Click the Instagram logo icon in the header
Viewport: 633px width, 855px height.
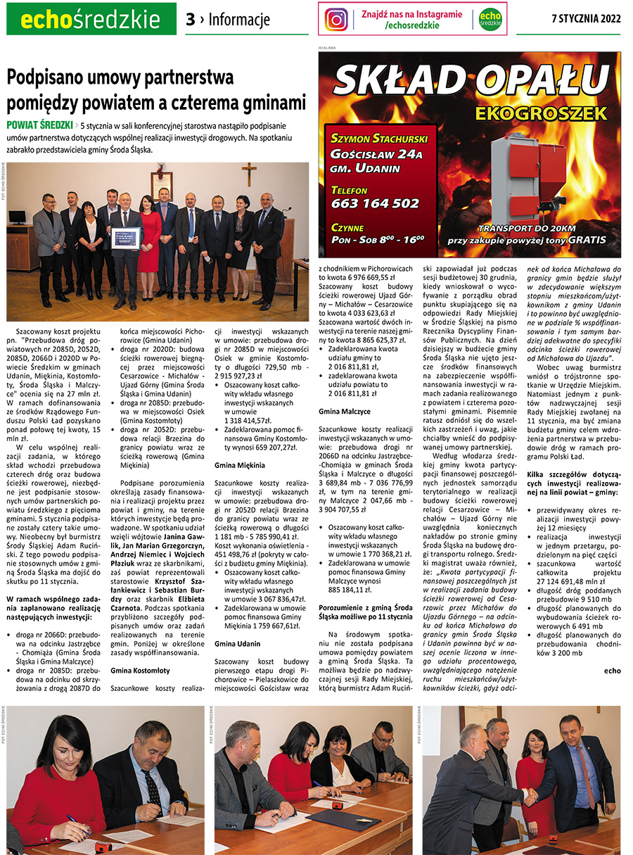pos(336,19)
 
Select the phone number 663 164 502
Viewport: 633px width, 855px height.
pos(375,203)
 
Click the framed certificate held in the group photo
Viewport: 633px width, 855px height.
pos(127,238)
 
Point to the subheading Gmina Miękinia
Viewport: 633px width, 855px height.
pos(239,465)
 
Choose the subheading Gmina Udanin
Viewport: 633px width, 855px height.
pos(237,643)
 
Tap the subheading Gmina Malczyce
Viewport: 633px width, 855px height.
pos(344,410)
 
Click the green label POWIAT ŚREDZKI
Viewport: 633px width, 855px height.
pos(39,125)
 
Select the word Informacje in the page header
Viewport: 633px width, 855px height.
pos(239,20)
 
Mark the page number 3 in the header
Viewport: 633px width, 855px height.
pos(190,20)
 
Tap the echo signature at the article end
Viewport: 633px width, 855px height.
pos(612,670)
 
